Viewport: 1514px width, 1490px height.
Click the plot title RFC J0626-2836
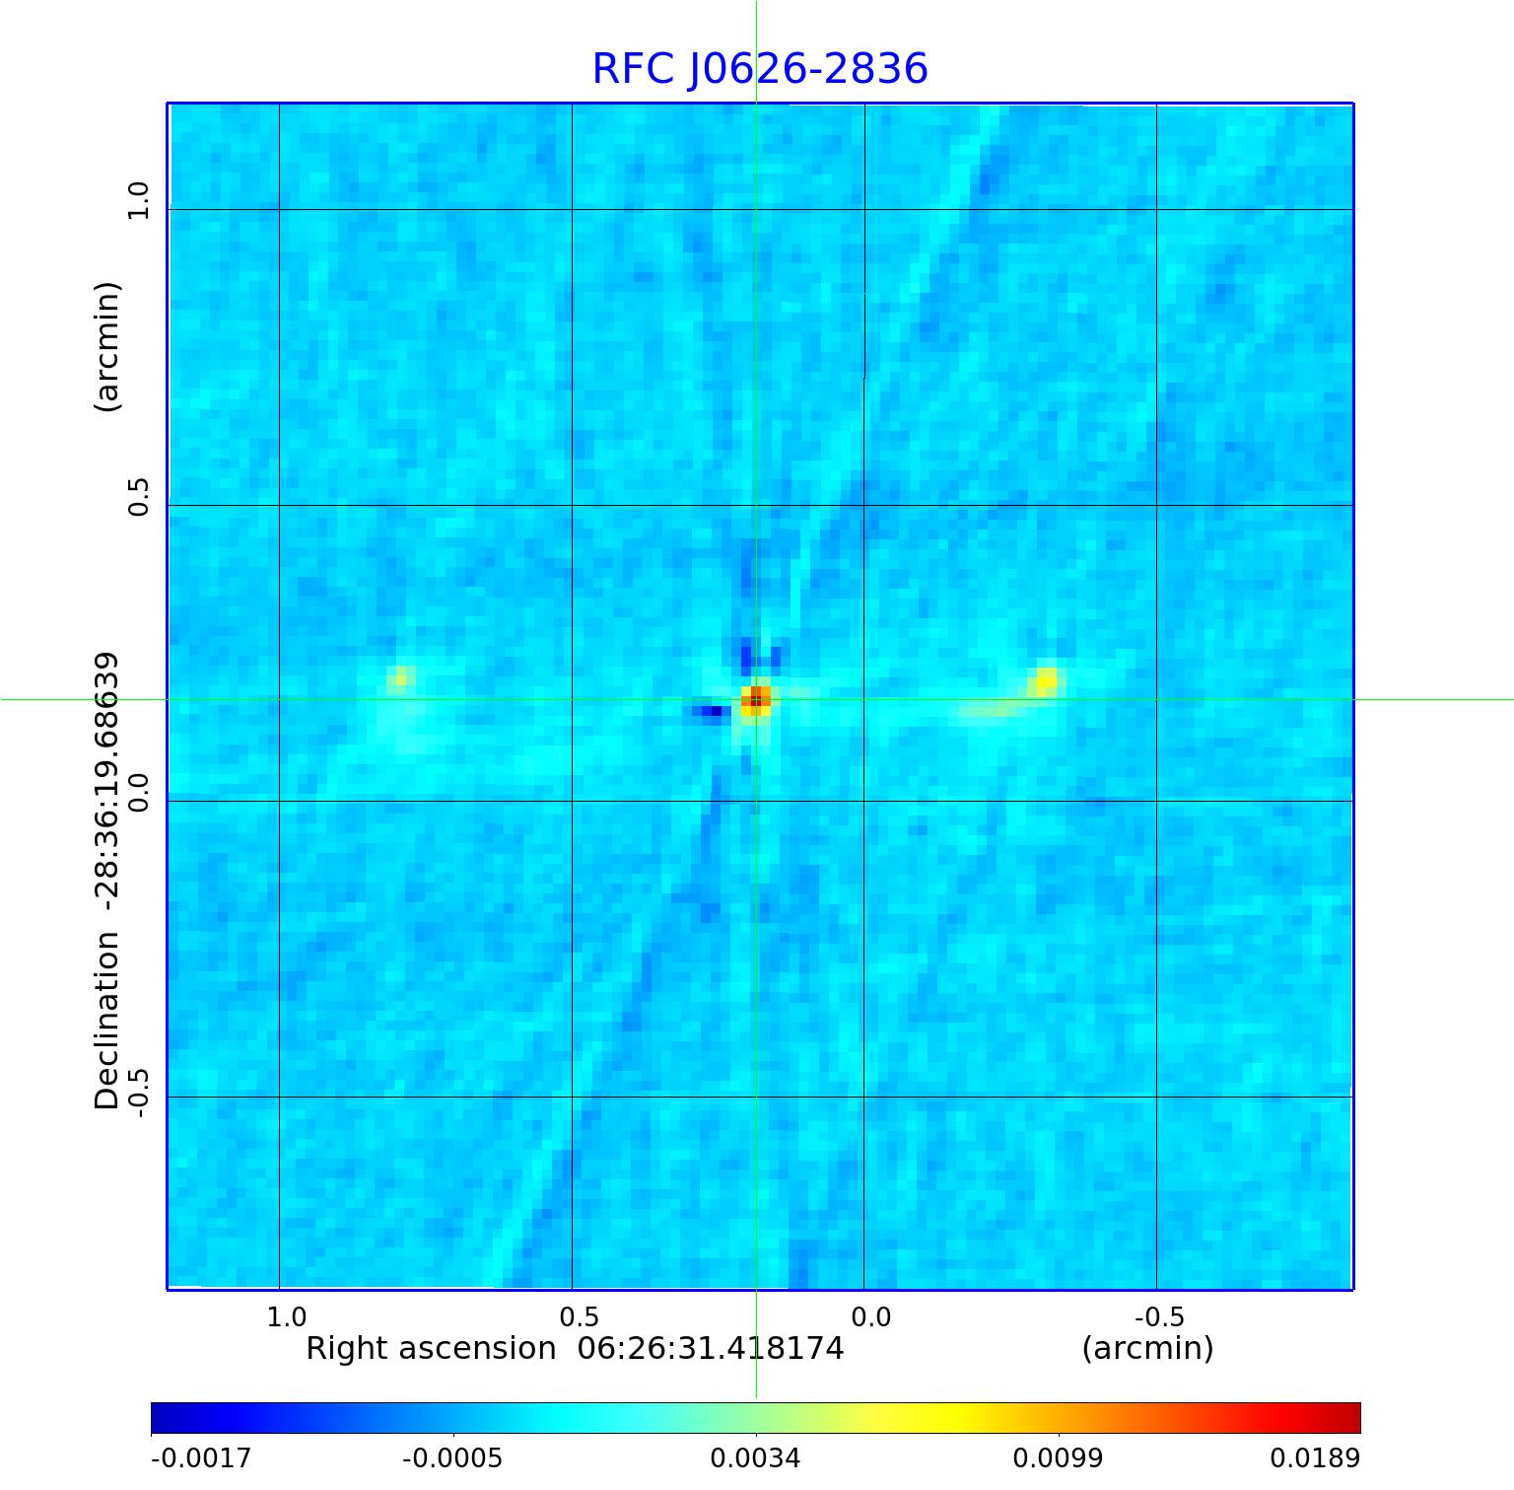tap(760, 69)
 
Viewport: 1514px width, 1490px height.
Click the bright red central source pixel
tap(756, 699)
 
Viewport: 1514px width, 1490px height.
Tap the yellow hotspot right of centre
tap(1045, 680)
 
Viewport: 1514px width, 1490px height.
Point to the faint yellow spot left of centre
tap(400, 677)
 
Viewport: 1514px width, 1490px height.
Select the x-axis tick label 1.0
tap(287, 1317)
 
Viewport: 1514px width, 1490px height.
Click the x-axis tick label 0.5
tap(579, 1317)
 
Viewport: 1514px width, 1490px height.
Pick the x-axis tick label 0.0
tap(870, 1317)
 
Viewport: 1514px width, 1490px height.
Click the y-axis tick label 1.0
tap(138, 201)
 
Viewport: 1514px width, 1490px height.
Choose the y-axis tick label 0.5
tap(138, 497)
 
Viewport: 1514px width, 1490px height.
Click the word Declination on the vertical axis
tap(107, 1021)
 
